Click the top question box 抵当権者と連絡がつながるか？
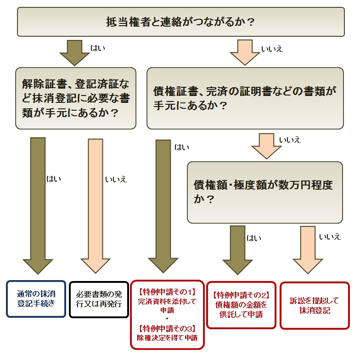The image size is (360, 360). (x=180, y=22)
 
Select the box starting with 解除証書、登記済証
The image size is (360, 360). (x=76, y=98)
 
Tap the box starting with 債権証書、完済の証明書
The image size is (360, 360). (x=245, y=98)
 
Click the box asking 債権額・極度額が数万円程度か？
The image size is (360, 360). (x=265, y=192)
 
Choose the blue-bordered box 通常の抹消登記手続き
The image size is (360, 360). (x=36, y=299)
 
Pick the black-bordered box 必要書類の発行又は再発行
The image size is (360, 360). (x=99, y=299)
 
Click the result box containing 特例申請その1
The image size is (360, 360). (x=167, y=315)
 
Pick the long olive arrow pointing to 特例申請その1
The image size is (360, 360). (x=163, y=207)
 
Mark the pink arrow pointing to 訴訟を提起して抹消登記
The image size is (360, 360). (x=308, y=249)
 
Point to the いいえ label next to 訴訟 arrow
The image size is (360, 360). (x=330, y=236)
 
